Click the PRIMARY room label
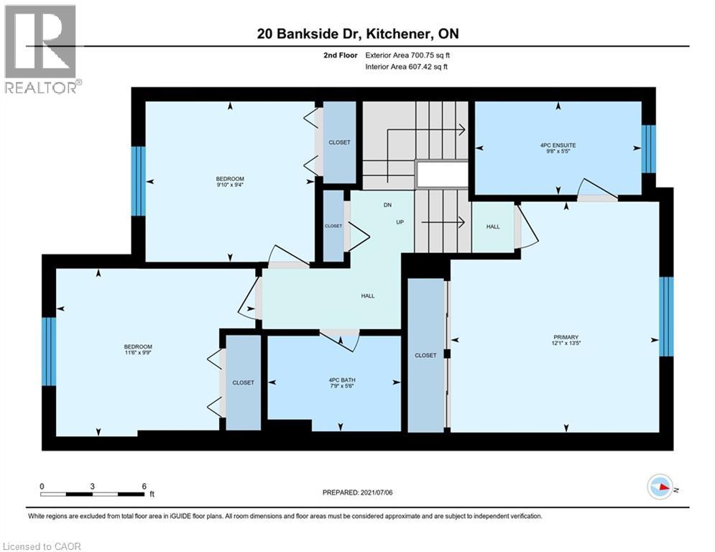point(566,337)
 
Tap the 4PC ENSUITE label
point(558,144)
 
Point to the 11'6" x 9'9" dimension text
point(139,353)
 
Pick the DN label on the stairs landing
point(386,205)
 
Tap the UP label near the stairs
point(401,222)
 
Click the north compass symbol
point(660,489)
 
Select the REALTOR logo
point(40,48)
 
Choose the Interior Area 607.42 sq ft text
point(407,67)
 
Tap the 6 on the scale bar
point(144,486)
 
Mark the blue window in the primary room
point(666,316)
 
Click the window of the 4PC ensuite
point(648,149)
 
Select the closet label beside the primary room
point(425,355)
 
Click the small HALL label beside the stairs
point(493,226)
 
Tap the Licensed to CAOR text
point(42,546)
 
